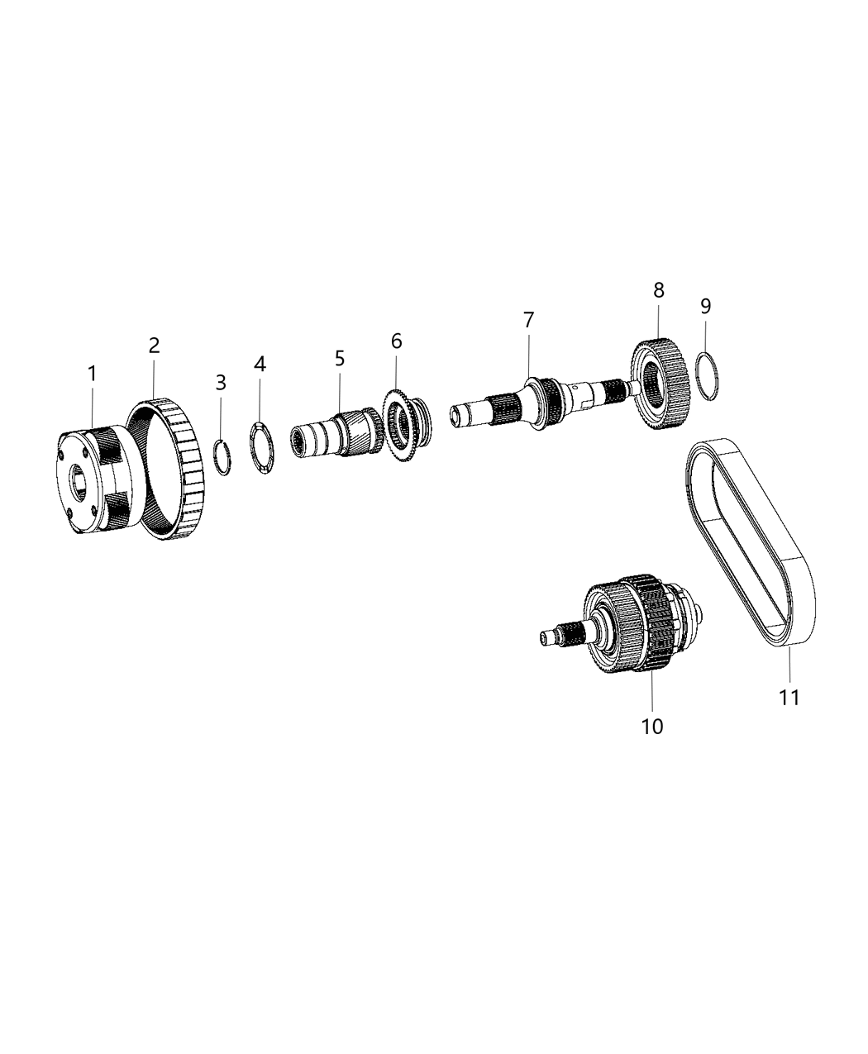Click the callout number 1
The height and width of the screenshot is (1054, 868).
93,374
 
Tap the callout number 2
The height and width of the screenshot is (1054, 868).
155,346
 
